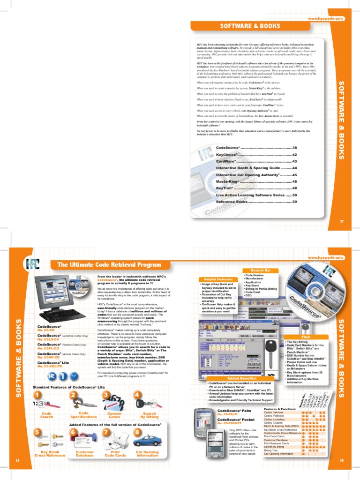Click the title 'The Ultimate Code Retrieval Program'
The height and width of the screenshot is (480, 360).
coord(109,265)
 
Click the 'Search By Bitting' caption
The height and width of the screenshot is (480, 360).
coord(149,415)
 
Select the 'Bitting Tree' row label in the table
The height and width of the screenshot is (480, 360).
coord(271,450)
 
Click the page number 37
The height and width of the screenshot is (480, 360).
coord(342,220)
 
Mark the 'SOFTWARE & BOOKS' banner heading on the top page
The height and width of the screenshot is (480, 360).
coord(250,24)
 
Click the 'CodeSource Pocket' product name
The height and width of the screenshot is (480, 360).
coord(236,419)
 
